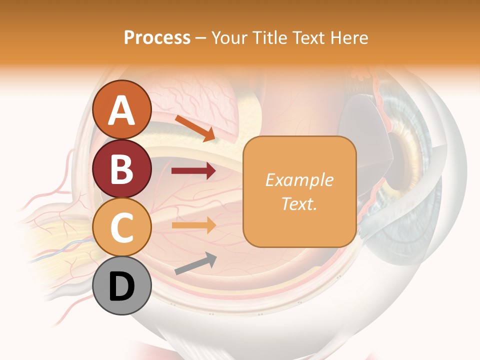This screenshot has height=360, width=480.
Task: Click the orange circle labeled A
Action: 122,109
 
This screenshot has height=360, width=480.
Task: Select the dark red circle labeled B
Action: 122,168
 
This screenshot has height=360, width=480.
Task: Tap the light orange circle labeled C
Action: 122,227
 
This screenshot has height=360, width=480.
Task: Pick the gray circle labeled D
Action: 122,286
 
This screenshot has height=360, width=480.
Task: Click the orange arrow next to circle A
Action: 195,128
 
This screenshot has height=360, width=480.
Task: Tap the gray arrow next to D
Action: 195,263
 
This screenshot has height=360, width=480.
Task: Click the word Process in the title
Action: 157,37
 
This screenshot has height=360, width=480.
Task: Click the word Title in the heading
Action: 268,37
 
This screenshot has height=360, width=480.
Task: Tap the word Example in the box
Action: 299,180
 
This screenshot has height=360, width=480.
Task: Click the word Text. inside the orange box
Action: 299,203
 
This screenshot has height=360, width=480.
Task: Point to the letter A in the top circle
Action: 122,110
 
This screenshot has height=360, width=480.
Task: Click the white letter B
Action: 122,169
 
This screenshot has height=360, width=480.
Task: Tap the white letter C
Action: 122,227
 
